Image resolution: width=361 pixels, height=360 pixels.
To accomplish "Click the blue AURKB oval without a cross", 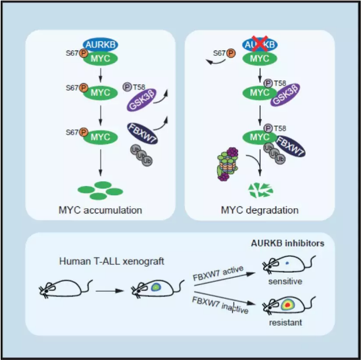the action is coord(101,45).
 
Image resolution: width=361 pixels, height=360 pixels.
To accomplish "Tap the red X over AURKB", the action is coord(260,43).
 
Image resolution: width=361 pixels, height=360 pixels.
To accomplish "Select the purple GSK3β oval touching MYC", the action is coord(285,95).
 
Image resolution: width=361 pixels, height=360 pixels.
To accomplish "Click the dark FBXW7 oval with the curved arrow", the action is coord(142,133).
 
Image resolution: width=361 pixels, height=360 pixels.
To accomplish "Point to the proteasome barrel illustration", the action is coord(228,164).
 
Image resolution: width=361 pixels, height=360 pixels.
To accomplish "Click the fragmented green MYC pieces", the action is coord(260,191).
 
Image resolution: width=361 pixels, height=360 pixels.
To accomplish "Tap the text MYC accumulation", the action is coord(101,210).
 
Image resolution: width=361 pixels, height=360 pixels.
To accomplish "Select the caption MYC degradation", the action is coord(260,210).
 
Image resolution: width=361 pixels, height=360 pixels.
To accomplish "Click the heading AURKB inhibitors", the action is coord(287,243).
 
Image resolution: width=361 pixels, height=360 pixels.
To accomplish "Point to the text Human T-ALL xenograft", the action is coord(112,261).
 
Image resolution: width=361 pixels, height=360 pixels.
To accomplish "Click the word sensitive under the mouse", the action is coord(285,281).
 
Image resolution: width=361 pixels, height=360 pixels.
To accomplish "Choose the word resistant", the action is coord(285,323).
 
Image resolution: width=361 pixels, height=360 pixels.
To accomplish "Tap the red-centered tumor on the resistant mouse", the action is coord(287,305).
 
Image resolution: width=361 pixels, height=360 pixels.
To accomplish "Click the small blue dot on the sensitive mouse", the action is coord(287,263).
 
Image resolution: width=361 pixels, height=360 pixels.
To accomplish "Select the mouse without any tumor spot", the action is coord(66,289).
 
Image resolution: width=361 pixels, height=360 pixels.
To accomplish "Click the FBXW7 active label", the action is coord(218,273).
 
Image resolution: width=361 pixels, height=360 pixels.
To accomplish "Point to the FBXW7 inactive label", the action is coord(220,305).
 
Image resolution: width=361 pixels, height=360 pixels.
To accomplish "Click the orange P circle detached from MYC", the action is coord(231,53).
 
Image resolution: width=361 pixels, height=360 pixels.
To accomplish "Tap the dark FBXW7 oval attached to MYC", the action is coord(291,146).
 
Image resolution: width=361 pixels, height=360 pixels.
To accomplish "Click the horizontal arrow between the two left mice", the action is coord(110,291).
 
